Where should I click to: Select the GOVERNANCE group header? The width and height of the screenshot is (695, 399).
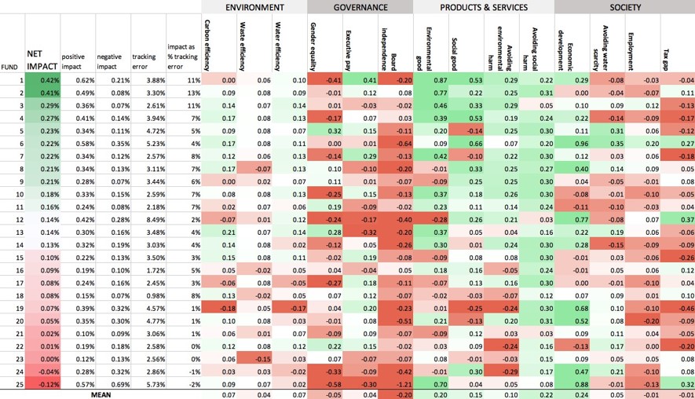(x=360, y=7)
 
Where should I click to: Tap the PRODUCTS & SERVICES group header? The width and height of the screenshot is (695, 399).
(x=483, y=7)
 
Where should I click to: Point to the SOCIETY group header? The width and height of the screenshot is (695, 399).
(x=624, y=7)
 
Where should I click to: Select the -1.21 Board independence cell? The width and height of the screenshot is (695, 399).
(x=396, y=384)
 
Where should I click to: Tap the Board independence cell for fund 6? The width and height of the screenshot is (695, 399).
(x=396, y=144)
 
